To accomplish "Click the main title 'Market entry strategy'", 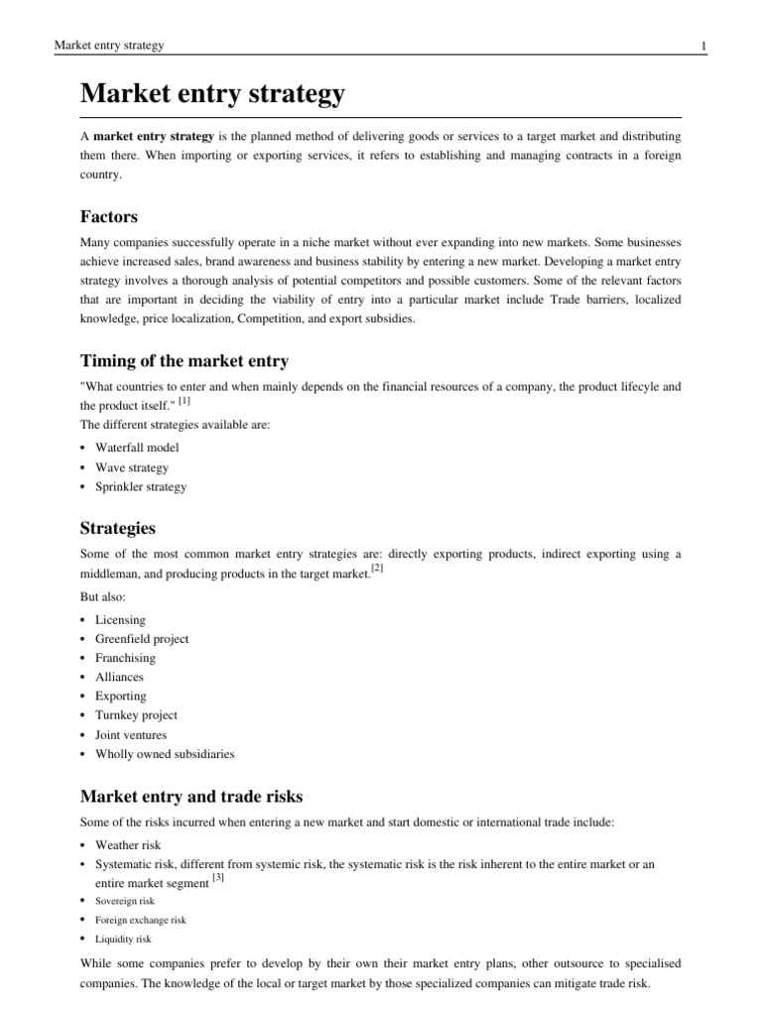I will click(212, 95).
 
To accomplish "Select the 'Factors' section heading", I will click(108, 216).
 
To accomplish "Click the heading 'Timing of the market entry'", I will click(184, 361).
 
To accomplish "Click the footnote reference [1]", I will click(186, 402).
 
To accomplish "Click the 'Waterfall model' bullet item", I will click(137, 448).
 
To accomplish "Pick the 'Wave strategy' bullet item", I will click(132, 467).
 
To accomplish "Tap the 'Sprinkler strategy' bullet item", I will click(140, 486).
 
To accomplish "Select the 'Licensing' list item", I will click(120, 620).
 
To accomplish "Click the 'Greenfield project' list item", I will click(141, 639).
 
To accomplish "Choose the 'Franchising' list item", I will click(125, 658).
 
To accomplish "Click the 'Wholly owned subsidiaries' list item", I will click(165, 753).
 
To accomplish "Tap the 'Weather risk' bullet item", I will click(127, 844).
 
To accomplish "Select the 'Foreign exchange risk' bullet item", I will click(140, 920).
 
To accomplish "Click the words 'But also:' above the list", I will click(103, 597).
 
